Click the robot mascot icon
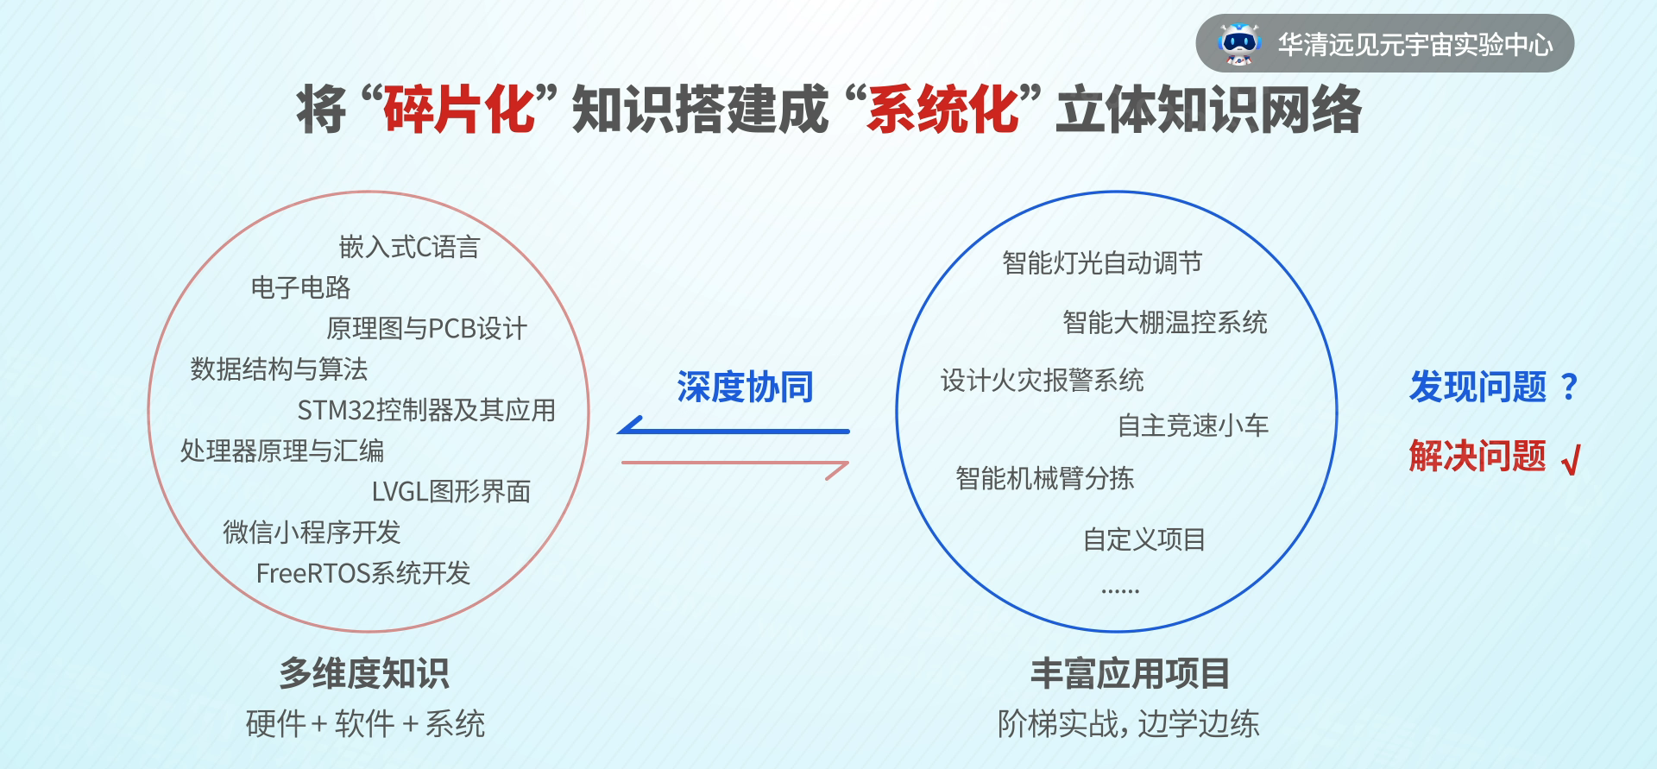(x=1239, y=44)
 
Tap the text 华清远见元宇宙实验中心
(x=1415, y=44)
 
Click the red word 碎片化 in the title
(x=460, y=110)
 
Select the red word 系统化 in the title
(x=944, y=110)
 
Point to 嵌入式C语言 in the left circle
(x=409, y=247)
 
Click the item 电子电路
(x=300, y=287)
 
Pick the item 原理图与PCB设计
(x=426, y=328)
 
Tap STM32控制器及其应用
(x=426, y=410)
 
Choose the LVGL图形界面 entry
(x=450, y=491)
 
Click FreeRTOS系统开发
(x=363, y=573)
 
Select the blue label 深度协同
(x=746, y=387)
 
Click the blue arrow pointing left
(x=734, y=430)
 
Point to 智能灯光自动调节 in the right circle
(x=1102, y=262)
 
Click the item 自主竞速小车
(x=1193, y=425)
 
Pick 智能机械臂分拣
(x=1044, y=478)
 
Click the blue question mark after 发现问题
(x=1570, y=387)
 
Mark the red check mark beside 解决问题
(x=1571, y=460)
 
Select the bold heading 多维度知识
(x=364, y=673)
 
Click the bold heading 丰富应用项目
(x=1130, y=673)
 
